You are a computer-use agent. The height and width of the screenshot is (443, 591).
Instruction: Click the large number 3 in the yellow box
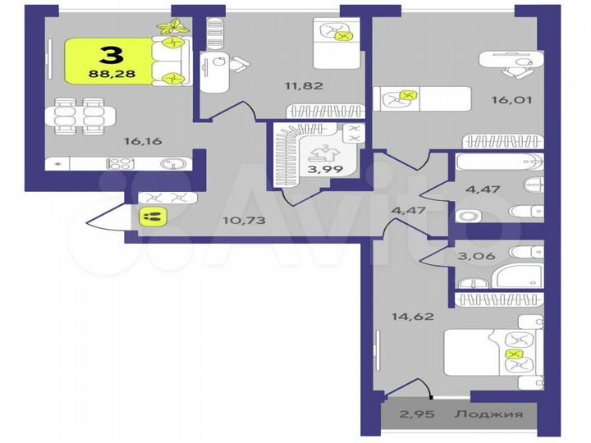pyautogui.click(x=111, y=55)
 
